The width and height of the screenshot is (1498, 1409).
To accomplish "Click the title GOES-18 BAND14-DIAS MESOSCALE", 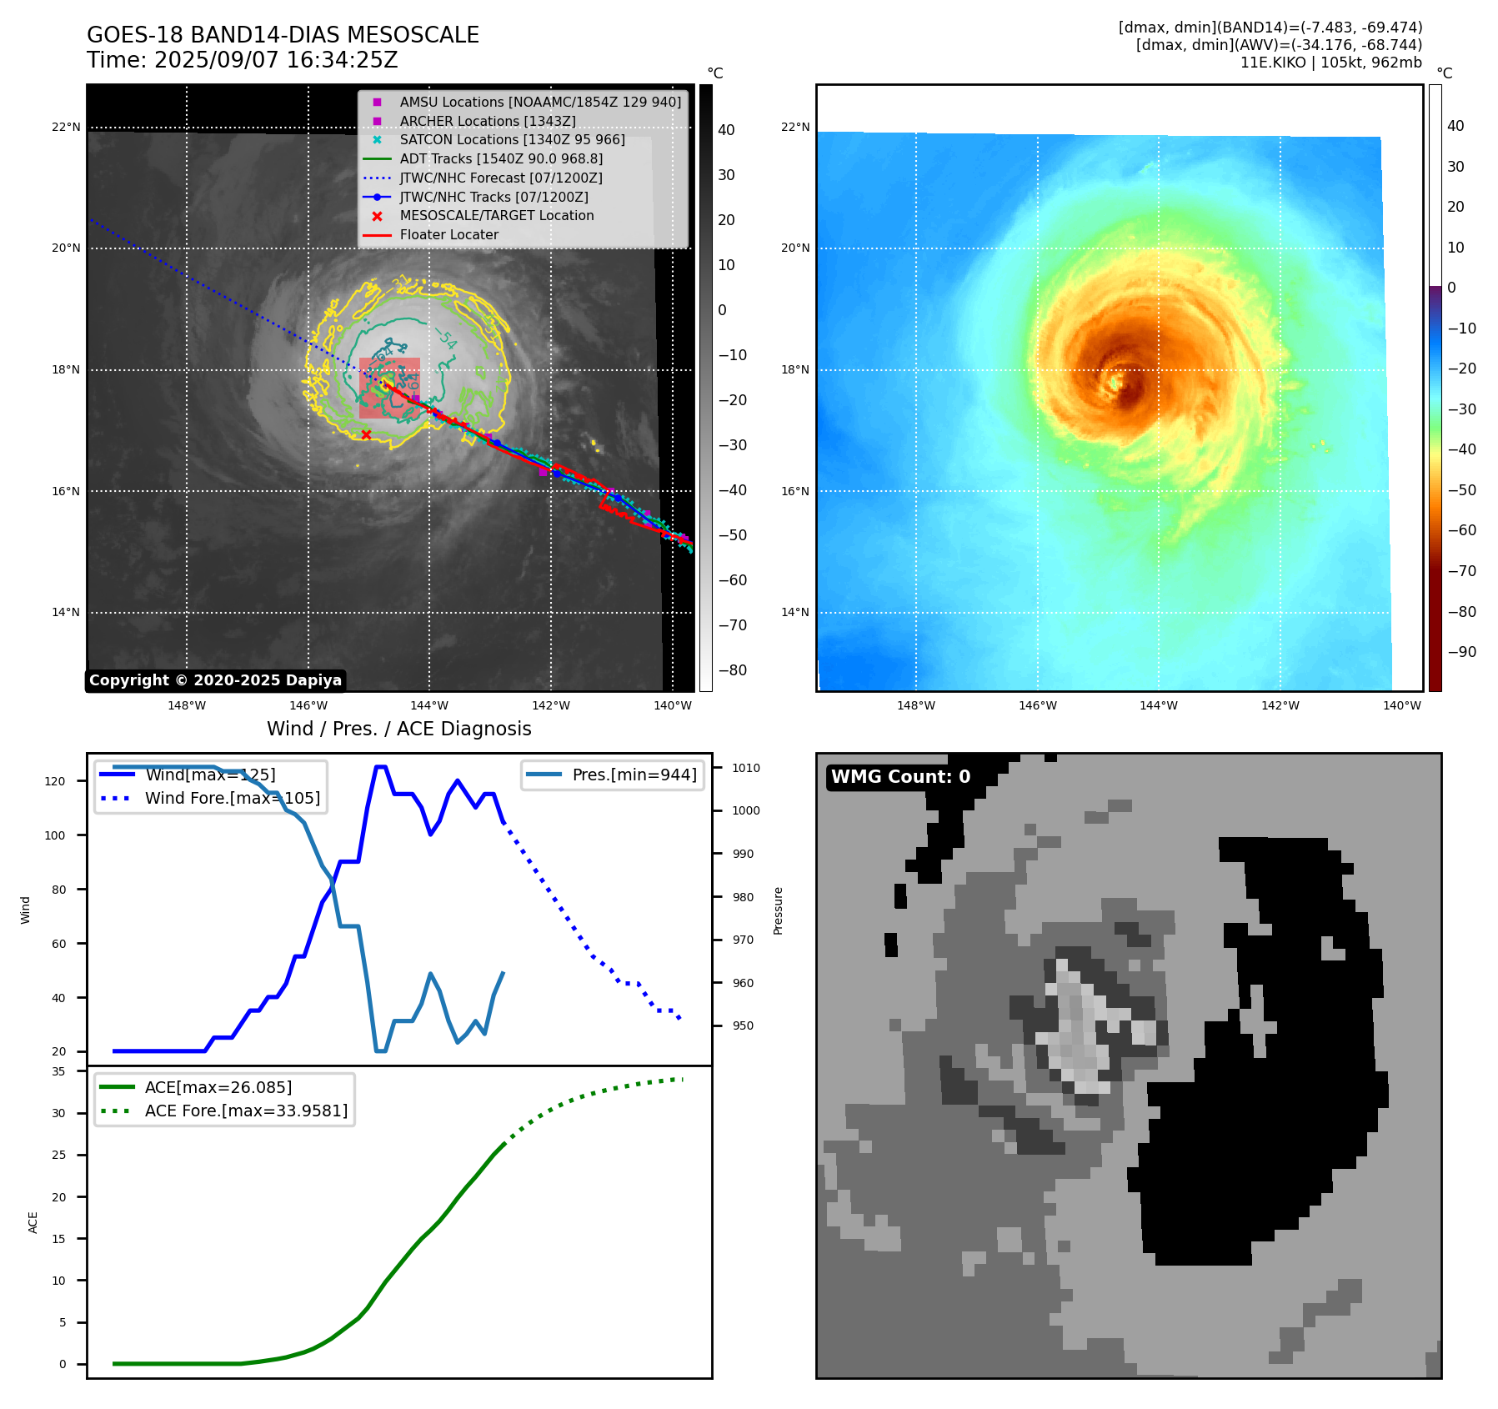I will [x=283, y=35].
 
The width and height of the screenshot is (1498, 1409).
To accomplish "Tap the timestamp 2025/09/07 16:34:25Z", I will [x=276, y=60].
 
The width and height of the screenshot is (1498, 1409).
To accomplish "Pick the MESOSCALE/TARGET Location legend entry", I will [x=496, y=215].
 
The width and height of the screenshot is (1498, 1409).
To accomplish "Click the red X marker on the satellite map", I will [x=366, y=434].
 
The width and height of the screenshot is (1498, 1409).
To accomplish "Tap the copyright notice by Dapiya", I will [x=215, y=680].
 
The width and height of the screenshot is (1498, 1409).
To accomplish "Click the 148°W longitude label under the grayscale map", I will [x=187, y=705].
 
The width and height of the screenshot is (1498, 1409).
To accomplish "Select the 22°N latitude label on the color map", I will [x=794, y=127].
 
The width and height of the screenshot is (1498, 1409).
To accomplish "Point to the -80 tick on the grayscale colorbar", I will [x=733, y=670].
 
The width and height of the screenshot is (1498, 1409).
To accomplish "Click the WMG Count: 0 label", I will [x=900, y=777].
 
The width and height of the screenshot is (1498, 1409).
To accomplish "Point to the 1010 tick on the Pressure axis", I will [x=746, y=768].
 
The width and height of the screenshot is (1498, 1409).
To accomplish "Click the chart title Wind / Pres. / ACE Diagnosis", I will [x=398, y=729].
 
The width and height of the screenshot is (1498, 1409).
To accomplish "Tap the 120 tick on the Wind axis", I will [x=54, y=781].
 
